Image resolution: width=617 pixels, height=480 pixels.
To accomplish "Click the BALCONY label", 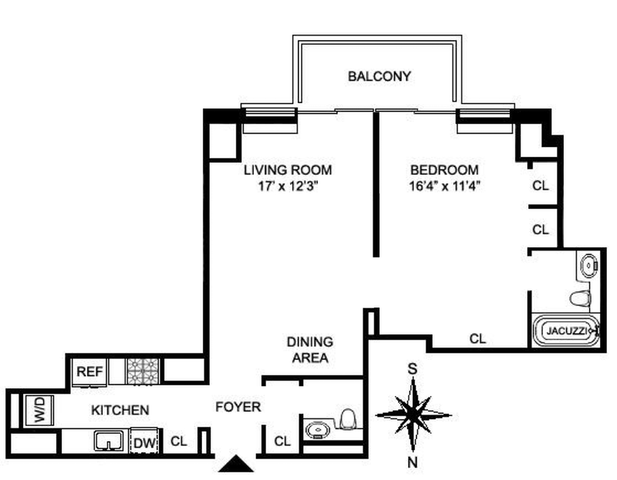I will click(x=379, y=76).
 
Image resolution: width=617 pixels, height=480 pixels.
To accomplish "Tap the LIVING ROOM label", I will click(x=288, y=170).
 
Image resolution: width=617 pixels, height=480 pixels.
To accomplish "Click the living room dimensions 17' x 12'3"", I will click(x=288, y=186).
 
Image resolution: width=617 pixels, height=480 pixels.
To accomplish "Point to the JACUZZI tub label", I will click(x=566, y=331).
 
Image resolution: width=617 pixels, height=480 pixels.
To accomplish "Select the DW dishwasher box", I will click(x=143, y=442).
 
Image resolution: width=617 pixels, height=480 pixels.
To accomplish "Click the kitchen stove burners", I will click(x=142, y=371).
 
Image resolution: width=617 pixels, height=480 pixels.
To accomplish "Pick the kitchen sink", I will click(x=109, y=441).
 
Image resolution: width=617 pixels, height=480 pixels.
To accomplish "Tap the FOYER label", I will click(x=238, y=408).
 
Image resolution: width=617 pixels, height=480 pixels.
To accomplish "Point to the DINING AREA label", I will click(x=308, y=350).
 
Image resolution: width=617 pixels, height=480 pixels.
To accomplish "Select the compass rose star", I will click(x=413, y=415).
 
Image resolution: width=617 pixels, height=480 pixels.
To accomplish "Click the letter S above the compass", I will click(x=413, y=369).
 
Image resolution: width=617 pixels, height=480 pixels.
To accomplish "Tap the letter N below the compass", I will click(x=413, y=462).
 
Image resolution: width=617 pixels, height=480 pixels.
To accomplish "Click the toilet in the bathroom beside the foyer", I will click(x=347, y=419).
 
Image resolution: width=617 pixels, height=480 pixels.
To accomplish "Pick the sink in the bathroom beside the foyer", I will click(x=316, y=429).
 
